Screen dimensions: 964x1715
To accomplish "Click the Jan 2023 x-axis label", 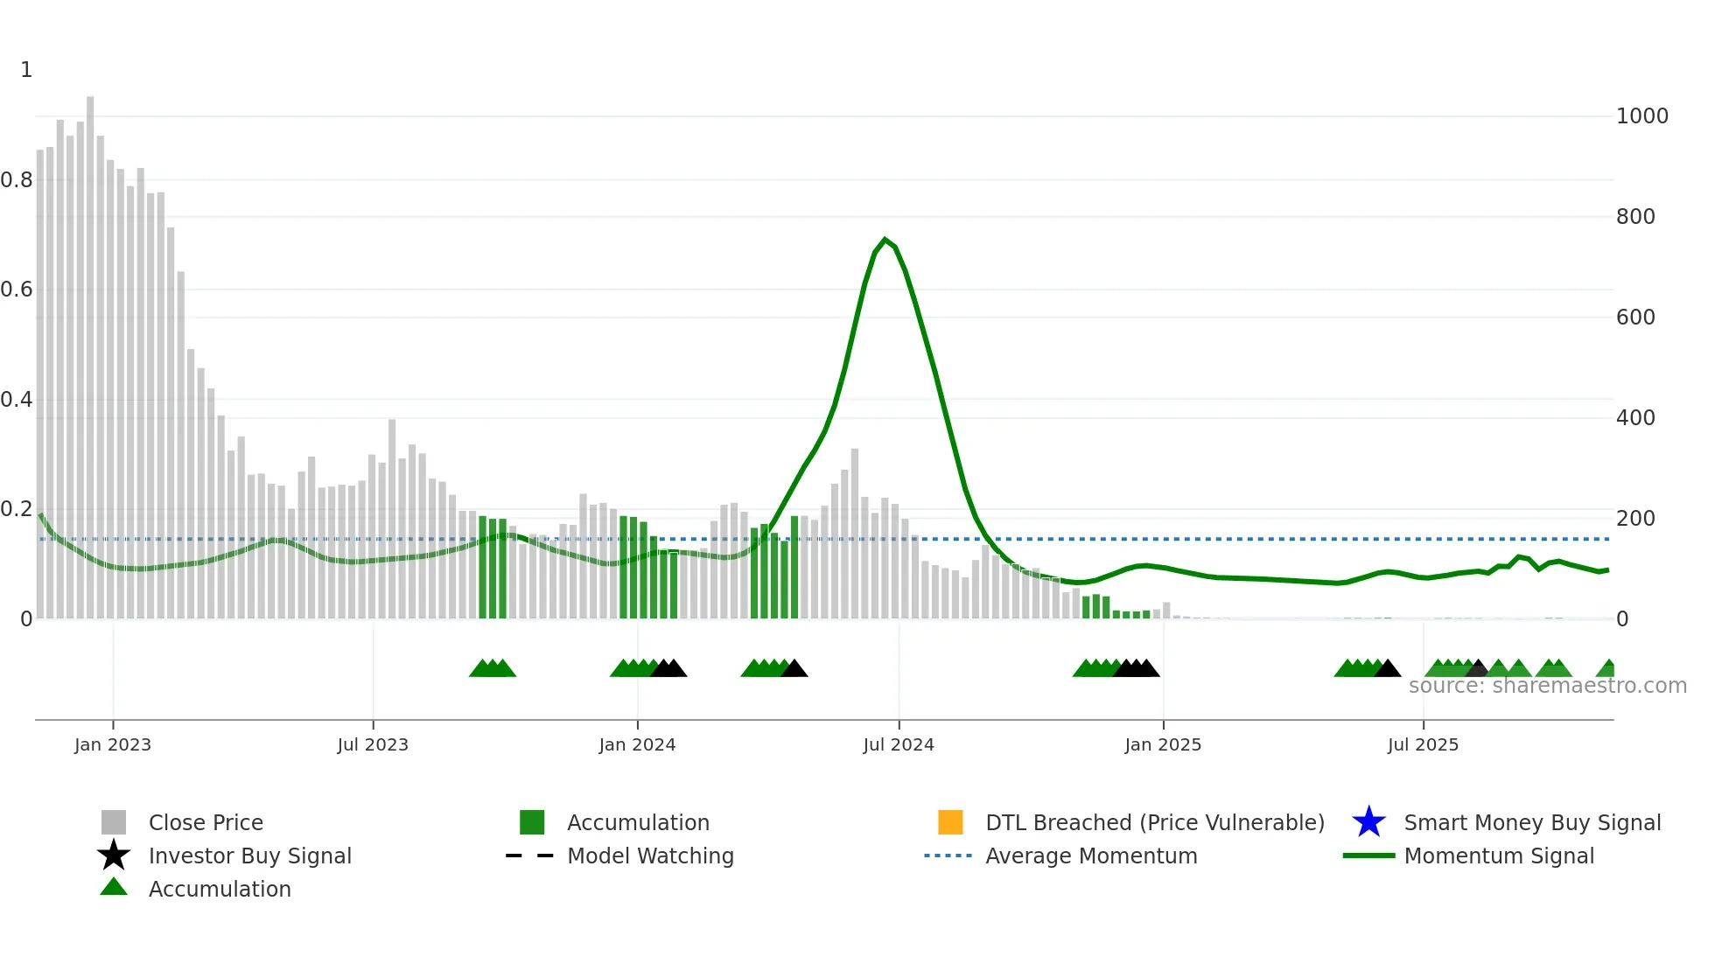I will (x=113, y=745).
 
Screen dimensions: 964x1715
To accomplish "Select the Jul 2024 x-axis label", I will (x=899, y=745).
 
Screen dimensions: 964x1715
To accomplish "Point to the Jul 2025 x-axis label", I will (x=1423, y=745).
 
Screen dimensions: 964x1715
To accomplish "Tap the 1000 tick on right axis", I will (x=1641, y=116).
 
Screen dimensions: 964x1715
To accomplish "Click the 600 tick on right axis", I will (x=1635, y=318).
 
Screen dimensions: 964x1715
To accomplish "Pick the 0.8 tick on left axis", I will (x=17, y=180).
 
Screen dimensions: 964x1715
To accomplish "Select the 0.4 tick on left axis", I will (x=17, y=400).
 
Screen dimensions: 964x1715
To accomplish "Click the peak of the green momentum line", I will (x=885, y=239).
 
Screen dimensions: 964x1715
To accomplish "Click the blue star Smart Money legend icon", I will (x=1368, y=822).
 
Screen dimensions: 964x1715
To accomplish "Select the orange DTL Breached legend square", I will (x=950, y=822).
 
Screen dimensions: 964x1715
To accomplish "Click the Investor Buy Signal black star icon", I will (x=114, y=856).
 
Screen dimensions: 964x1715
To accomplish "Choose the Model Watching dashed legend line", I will (x=530, y=856).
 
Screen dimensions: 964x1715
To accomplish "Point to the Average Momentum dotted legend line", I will (x=948, y=856).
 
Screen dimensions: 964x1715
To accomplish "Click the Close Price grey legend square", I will (x=114, y=822).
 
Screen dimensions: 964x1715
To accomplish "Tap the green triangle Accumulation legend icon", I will (x=114, y=887).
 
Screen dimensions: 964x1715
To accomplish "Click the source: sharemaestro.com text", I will (x=1547, y=686).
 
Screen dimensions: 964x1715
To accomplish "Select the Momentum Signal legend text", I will (x=1499, y=856).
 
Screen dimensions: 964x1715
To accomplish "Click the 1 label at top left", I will (x=26, y=70).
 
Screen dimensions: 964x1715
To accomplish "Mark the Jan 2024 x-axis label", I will (x=637, y=745).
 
